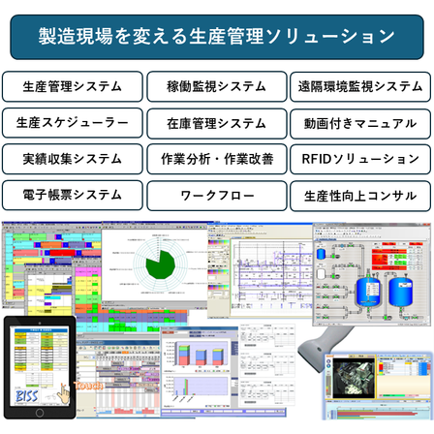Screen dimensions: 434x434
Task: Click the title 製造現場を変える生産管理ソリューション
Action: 217,37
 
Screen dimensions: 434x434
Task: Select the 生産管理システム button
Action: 74,86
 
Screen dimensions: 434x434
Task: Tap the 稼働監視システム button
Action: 217,86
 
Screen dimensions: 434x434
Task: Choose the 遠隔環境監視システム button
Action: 360,86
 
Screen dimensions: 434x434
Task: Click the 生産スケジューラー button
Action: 74,122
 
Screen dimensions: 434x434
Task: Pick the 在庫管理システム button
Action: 217,122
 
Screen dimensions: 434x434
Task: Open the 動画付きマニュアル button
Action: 360,122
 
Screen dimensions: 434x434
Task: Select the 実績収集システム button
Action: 74,158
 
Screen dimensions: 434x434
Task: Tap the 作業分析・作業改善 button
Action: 217,158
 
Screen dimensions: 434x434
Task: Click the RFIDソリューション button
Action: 360,158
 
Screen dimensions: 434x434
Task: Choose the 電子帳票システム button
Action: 74,195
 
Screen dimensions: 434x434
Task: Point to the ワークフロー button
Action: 217,195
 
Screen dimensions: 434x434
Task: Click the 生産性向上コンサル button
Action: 360,195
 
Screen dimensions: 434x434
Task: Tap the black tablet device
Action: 39,366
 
